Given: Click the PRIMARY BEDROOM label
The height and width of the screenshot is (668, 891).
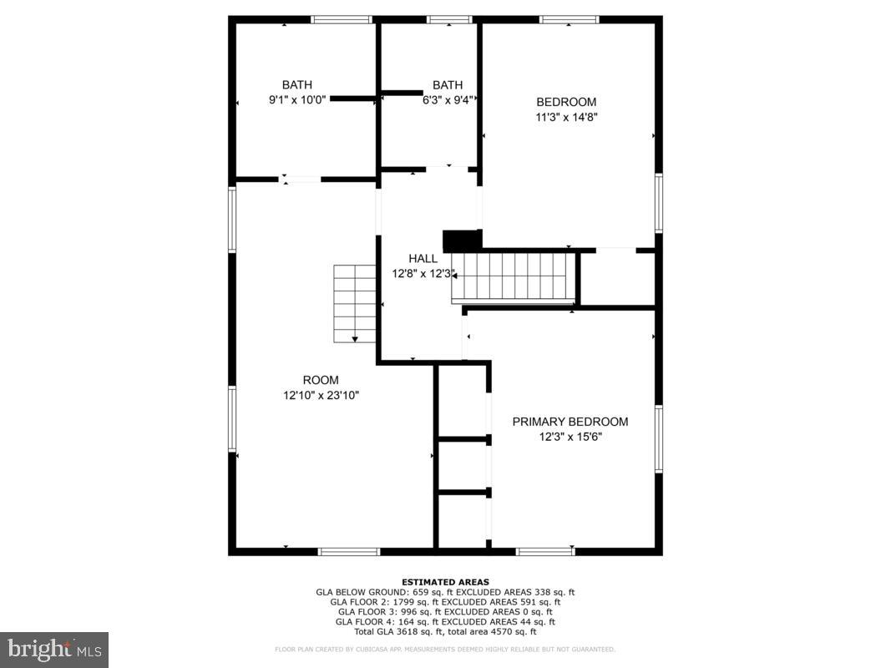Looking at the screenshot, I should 570,422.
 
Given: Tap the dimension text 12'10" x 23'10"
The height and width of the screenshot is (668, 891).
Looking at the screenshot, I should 321,395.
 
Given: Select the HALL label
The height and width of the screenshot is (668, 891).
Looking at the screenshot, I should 423,259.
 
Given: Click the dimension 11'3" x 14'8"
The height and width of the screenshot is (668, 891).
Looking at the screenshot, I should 566,117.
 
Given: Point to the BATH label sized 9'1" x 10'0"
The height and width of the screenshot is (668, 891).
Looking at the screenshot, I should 296,84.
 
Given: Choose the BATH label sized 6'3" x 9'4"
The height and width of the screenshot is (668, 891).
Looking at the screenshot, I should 447,84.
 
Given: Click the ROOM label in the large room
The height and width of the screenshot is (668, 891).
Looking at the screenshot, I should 321,380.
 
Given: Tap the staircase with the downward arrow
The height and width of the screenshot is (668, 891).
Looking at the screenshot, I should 355,303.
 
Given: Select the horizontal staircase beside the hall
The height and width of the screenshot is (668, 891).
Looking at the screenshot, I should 514,277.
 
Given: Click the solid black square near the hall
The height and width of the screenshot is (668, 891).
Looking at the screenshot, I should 458,240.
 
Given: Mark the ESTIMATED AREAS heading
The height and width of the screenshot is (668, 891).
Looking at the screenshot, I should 445,582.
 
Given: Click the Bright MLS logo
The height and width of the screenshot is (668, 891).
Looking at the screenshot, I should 54,649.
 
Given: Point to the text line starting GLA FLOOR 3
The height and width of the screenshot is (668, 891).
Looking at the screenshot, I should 445,611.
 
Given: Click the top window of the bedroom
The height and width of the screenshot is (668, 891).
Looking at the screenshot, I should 569,19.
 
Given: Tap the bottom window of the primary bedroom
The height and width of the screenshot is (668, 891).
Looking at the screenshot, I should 545,551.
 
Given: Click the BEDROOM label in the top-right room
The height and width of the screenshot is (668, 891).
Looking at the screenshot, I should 566,102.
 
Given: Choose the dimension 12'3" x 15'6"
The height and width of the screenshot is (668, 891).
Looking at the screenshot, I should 570,436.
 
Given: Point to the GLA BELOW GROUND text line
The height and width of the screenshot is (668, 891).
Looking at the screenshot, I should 445,592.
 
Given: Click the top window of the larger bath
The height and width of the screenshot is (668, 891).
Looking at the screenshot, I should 342,19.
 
